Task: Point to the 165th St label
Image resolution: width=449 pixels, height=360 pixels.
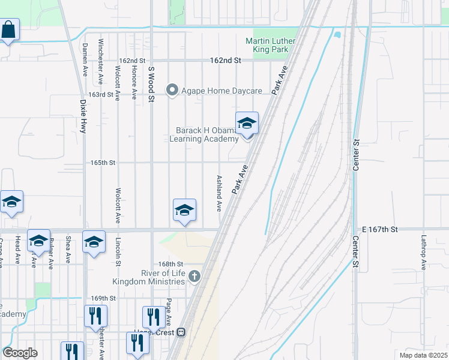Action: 103,163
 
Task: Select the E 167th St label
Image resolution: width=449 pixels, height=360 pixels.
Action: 381,229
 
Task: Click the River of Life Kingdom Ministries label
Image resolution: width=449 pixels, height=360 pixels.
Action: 149,277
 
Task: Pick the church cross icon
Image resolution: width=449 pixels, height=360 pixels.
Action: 193,277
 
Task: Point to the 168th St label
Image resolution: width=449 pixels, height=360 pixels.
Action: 170,264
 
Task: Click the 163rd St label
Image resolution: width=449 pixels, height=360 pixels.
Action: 101,95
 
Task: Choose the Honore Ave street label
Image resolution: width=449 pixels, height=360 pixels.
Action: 133,82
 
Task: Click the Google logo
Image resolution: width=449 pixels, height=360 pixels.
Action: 20,353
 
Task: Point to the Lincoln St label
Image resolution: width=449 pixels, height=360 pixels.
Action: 118,251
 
